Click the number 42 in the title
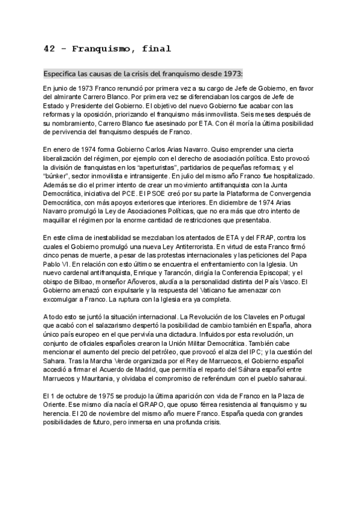click(50, 49)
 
